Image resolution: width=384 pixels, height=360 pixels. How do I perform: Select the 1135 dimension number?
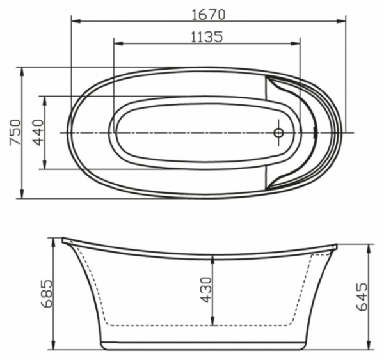[x=206, y=36]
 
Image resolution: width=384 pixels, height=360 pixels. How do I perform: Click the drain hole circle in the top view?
[x=278, y=132]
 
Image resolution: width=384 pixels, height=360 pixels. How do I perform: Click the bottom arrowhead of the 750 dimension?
[x=23, y=195]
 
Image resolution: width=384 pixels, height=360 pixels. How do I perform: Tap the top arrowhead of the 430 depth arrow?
[x=213, y=260]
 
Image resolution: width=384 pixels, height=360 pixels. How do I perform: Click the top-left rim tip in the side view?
[x=63, y=240]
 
